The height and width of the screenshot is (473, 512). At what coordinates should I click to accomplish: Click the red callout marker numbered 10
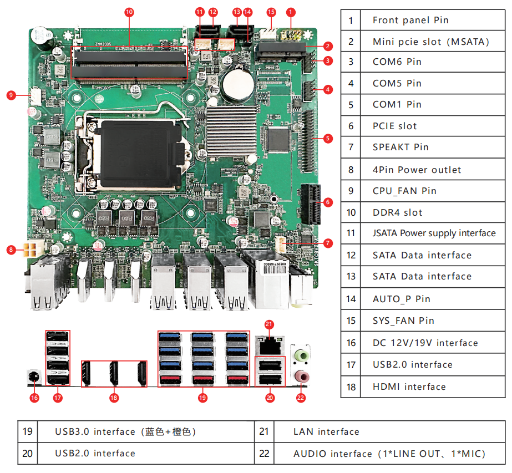[x=129, y=11]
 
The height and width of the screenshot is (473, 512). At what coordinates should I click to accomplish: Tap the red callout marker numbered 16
[x=34, y=397]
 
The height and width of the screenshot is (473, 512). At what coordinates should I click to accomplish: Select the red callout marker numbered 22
[x=301, y=397]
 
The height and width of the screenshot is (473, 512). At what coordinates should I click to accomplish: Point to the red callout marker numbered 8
[x=11, y=250]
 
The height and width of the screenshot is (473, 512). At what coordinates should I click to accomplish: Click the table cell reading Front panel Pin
[x=410, y=21]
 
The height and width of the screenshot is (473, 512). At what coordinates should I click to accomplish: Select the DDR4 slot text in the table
[x=397, y=212]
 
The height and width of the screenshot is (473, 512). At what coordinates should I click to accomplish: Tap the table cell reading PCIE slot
[x=394, y=126]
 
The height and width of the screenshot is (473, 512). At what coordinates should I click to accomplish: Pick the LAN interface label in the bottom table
[x=326, y=431]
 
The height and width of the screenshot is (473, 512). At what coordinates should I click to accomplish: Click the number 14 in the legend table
[x=351, y=299]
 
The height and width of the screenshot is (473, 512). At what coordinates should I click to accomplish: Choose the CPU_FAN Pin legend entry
[x=404, y=191]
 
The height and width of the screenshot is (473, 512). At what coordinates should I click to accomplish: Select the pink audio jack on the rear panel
[x=301, y=377]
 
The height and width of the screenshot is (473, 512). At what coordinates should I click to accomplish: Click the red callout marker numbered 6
[x=328, y=202]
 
